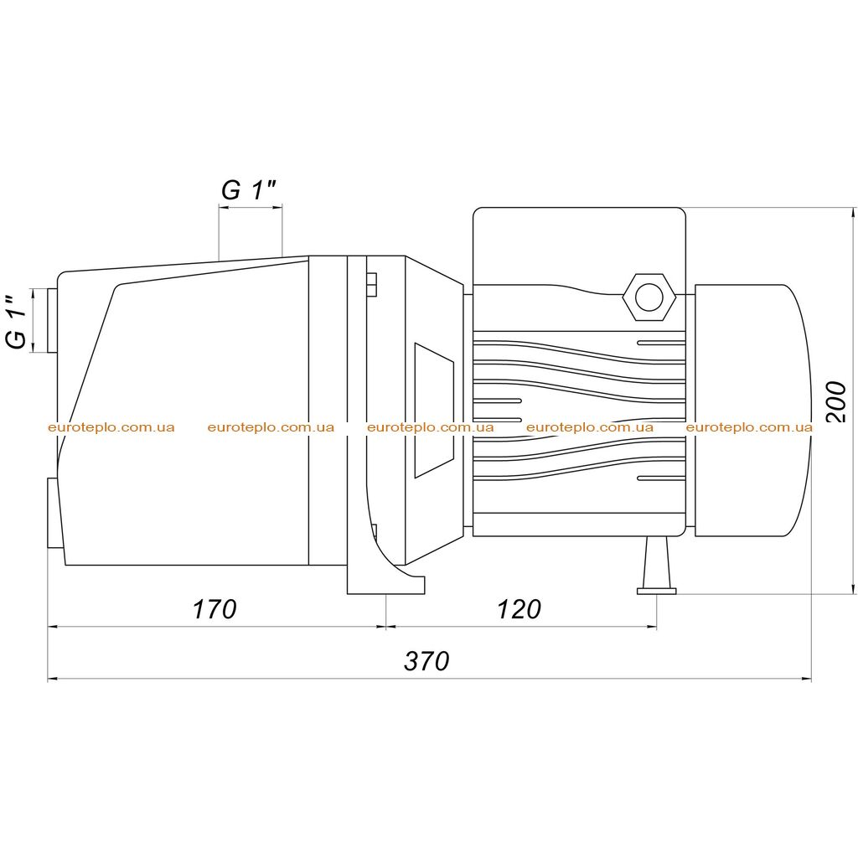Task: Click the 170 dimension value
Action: point(214,609)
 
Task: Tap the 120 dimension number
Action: point(519,609)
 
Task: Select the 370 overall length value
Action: point(426,661)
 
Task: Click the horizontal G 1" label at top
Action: point(248,190)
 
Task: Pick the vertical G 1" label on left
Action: point(17,322)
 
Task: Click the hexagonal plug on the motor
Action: point(649,297)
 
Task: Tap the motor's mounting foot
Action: point(657,566)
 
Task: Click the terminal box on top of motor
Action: point(579,246)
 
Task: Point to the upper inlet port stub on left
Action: point(52,321)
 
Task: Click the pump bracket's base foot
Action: point(385,584)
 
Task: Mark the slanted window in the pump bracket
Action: point(434,411)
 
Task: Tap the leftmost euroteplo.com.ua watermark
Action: point(111,427)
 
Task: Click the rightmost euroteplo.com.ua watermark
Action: point(749,427)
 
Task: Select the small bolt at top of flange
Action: point(371,285)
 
